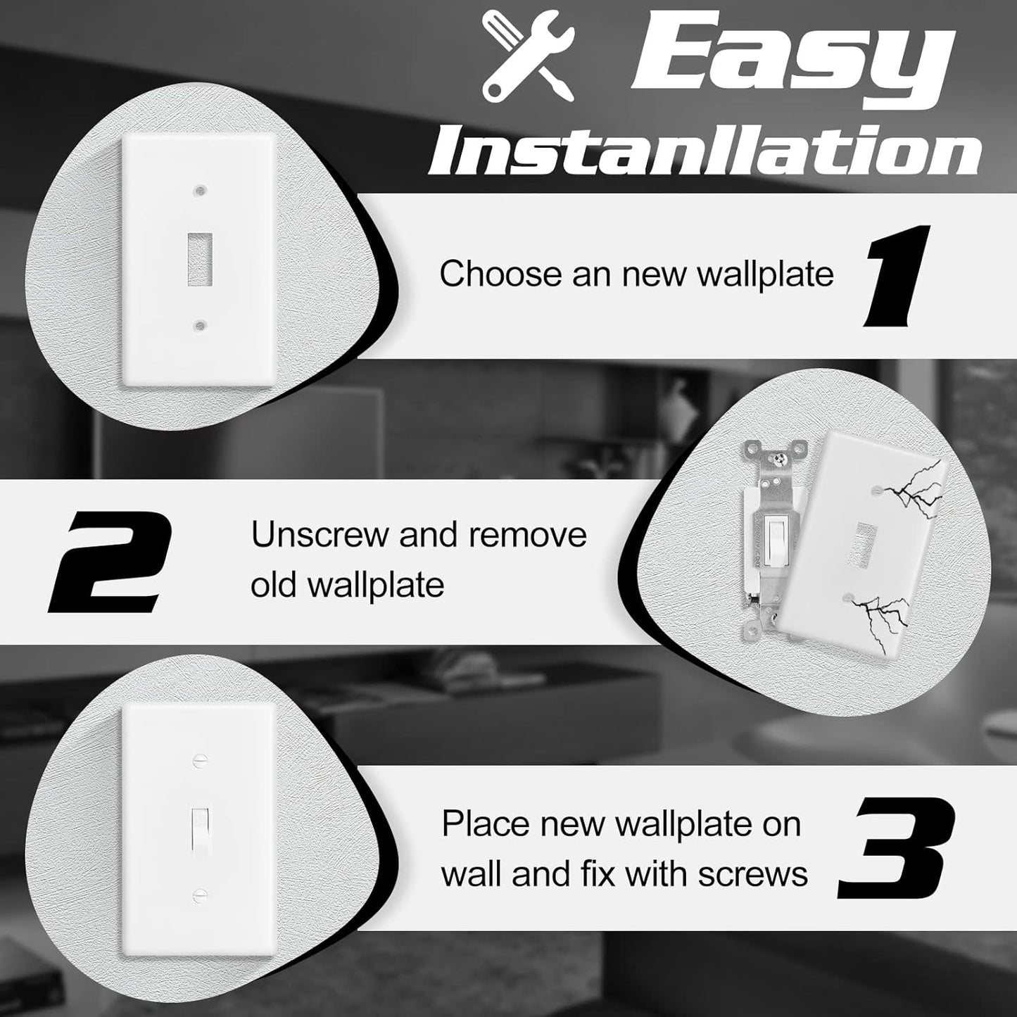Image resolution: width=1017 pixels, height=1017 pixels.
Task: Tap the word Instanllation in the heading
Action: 705,151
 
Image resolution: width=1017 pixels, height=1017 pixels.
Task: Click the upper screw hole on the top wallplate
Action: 201,191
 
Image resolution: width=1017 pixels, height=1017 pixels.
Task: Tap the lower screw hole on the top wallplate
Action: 201,325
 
